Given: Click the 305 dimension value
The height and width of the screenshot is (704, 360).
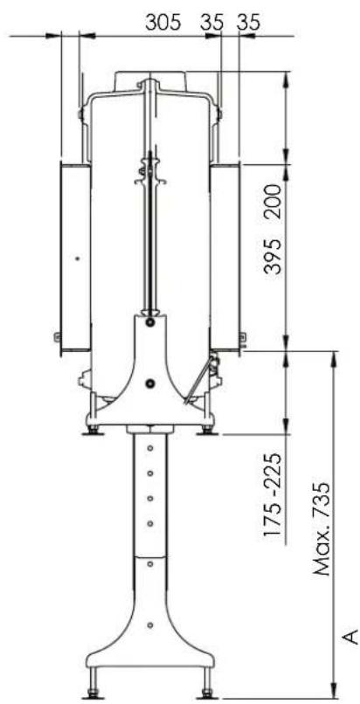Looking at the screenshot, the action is point(163,22).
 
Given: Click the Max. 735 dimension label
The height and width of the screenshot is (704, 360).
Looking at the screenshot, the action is point(322,530).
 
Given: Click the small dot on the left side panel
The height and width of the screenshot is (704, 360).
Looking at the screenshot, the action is point(77,259).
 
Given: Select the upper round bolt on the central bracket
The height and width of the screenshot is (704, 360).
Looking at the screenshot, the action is point(149,322).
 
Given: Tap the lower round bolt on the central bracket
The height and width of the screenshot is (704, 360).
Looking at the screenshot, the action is point(150,383).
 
